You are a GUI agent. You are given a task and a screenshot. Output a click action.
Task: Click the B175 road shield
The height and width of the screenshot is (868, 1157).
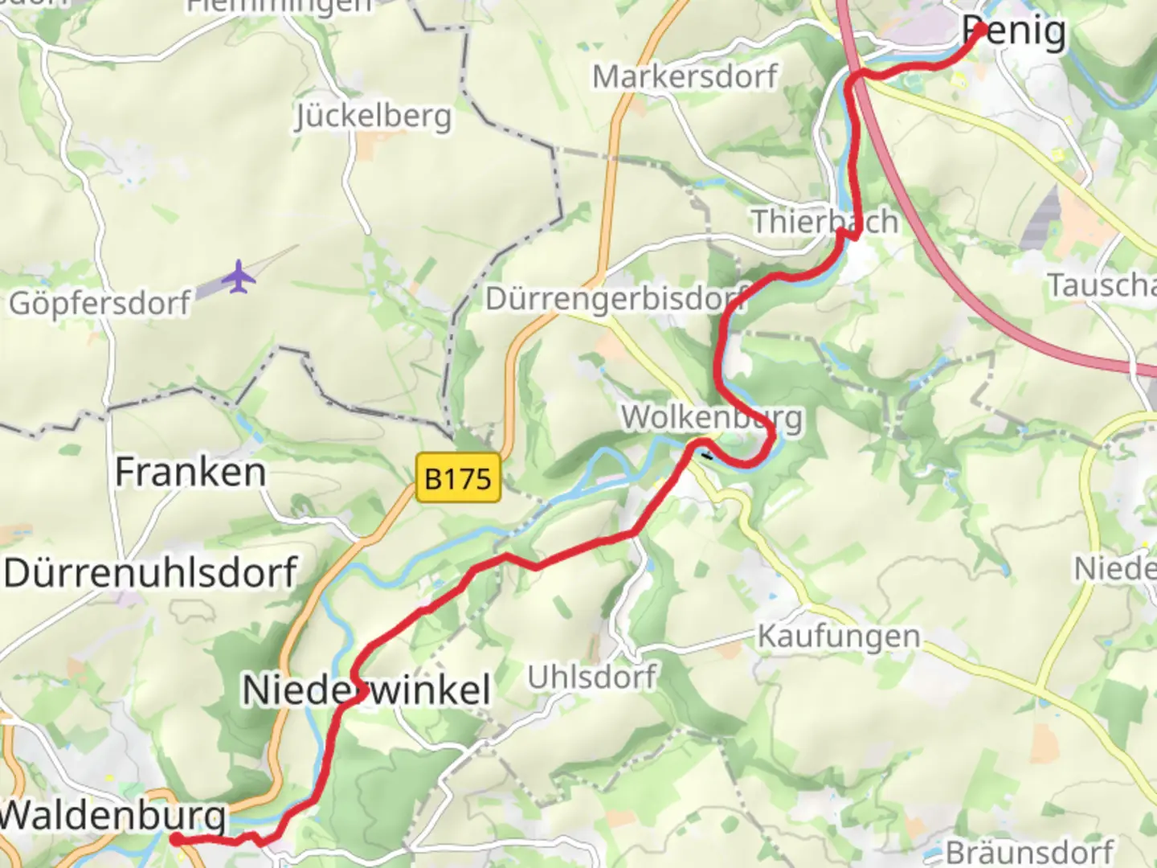458,479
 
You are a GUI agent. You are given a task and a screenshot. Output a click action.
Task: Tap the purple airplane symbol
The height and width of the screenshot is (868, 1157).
239,277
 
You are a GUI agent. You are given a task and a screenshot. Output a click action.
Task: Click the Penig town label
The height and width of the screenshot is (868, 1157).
1015,33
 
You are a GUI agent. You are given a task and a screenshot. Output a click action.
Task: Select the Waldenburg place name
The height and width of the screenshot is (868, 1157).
113,815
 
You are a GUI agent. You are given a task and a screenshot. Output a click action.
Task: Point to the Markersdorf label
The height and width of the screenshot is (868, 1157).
685,77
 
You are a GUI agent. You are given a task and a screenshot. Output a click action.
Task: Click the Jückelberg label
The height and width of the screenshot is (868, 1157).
373,117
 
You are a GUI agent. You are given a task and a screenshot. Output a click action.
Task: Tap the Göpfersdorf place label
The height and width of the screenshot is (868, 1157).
100,303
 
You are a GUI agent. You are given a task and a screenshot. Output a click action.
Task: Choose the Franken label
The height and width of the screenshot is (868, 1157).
190,472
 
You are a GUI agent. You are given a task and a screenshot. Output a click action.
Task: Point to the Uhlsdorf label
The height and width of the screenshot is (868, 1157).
592,677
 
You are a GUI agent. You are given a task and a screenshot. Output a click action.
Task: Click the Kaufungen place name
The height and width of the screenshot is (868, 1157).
839,637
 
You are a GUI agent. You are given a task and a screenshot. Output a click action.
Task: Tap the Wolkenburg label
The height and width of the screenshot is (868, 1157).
712,418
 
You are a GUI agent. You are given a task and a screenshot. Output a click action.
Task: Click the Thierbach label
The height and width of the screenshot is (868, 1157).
824,222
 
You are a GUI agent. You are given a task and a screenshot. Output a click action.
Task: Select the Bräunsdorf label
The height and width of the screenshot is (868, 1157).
1029,852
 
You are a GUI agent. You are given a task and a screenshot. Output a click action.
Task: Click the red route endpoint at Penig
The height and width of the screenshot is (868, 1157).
980,30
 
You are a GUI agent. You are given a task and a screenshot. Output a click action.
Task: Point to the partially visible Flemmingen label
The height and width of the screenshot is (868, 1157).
280,6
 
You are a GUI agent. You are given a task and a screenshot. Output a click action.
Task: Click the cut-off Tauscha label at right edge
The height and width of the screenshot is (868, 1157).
1102,285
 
